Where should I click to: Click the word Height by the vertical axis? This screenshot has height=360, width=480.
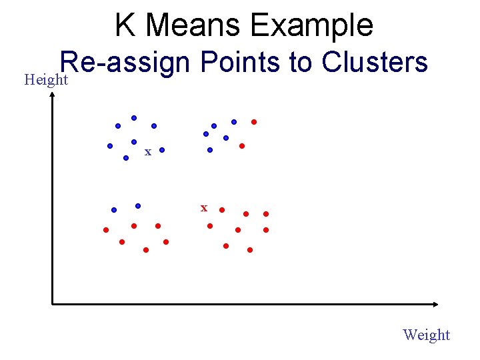coord(46,81)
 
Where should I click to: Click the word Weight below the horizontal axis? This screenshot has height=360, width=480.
coord(427,335)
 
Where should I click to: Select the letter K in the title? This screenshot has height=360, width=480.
coord(125,25)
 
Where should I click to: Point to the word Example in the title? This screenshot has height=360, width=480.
coord(312,25)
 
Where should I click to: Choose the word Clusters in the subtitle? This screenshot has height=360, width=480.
coord(374,63)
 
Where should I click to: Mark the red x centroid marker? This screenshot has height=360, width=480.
coord(204,209)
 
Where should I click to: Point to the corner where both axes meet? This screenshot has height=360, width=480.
coord(53,304)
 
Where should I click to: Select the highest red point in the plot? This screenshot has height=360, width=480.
coord(254,122)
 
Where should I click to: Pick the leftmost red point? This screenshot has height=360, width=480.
coord(105,230)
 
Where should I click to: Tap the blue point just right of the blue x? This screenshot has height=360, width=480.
coord(161,151)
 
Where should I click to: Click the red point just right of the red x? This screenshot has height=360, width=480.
coord(222,209)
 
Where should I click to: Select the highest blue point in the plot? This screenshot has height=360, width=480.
coord(134,118)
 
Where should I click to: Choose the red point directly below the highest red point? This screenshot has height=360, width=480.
coord(242,145)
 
